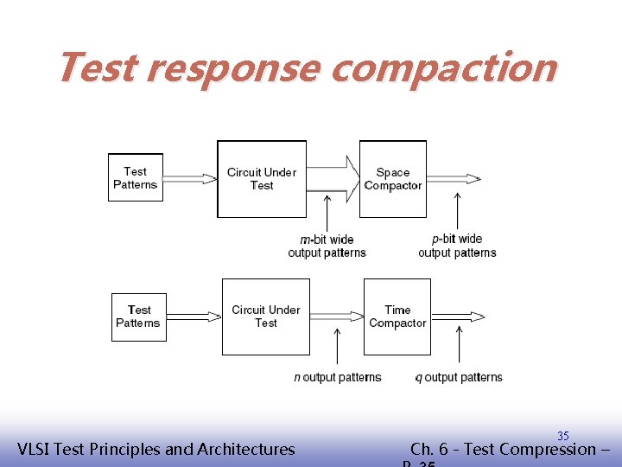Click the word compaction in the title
pyautogui.click(x=443, y=67)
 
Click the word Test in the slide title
pyautogui.click(x=97, y=67)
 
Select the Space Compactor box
pyautogui.click(x=392, y=179)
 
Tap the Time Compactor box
pyautogui.click(x=397, y=317)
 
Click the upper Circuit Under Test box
pyautogui.click(x=261, y=179)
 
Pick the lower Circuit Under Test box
pyautogui.click(x=265, y=317)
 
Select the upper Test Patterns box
pyautogui.click(x=135, y=178)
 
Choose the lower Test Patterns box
pyautogui.click(x=138, y=317)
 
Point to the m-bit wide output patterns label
pyautogui.click(x=327, y=246)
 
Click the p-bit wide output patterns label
pyautogui.click(x=457, y=246)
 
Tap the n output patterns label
pyautogui.click(x=337, y=377)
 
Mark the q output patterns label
pyautogui.click(x=459, y=377)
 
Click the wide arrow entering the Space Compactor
pyautogui.click(x=333, y=178)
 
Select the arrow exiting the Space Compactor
pyautogui.click(x=454, y=179)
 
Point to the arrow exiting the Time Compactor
pyautogui.click(x=457, y=317)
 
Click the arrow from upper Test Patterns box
pyautogui.click(x=190, y=179)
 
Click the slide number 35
pyautogui.click(x=562, y=436)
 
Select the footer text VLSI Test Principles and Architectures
pyautogui.click(x=155, y=449)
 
